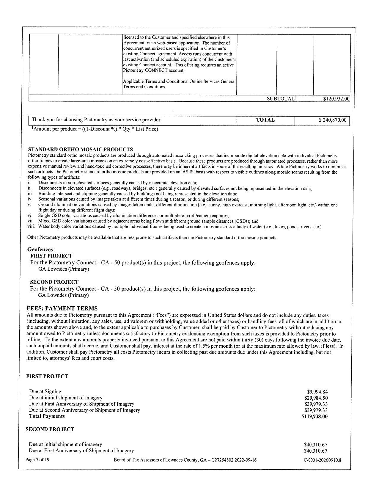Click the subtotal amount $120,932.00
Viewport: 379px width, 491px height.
pos(336,99)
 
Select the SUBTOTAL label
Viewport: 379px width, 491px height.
pos(280,98)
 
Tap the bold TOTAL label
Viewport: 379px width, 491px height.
pos(265,120)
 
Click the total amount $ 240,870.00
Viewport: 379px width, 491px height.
pos(332,120)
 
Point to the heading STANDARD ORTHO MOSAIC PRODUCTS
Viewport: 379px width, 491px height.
pos(80,149)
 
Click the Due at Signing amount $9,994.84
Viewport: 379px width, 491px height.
pos(317,392)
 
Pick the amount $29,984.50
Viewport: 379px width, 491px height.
pos(316,398)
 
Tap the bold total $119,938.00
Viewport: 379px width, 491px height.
pos(314,416)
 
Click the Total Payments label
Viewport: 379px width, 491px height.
pos(47,416)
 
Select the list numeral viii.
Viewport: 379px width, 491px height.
pos(31,227)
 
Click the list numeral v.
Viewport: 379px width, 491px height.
pos(29,205)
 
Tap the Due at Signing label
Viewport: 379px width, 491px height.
pos(45,392)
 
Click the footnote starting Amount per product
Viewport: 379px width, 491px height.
pos(95,129)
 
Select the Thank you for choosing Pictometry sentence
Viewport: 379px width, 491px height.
pos(97,120)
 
